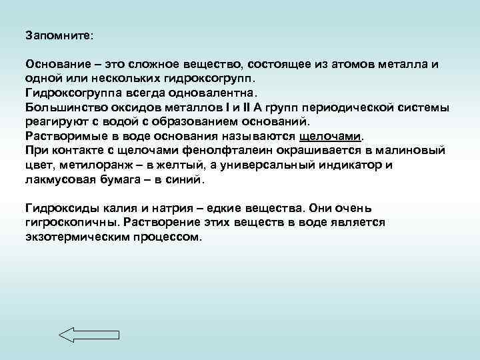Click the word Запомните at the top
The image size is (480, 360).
click(59, 33)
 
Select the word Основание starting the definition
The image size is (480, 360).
click(56, 65)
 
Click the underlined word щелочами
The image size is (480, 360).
click(329, 137)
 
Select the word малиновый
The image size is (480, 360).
click(411, 151)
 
